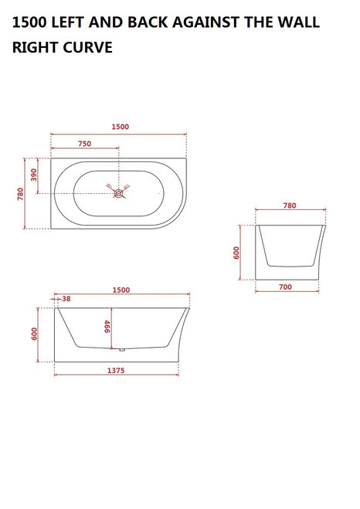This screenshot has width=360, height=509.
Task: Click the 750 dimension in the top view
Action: click(85, 144)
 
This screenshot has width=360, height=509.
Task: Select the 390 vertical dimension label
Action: click(34, 175)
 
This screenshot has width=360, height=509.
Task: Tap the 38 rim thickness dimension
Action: click(66, 299)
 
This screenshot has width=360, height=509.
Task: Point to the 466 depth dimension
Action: click(107, 327)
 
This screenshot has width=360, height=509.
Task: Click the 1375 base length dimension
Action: click(116, 371)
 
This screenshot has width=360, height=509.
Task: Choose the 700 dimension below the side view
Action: click(285, 287)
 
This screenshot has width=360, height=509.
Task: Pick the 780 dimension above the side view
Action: click(290, 206)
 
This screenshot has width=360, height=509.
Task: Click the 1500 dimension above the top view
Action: click(120, 127)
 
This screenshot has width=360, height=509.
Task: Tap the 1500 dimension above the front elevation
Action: click(121, 290)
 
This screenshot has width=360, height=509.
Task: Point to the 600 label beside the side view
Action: click(238, 253)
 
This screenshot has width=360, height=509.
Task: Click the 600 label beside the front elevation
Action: click(34, 334)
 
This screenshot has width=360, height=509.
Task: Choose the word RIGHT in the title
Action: click(35, 48)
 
